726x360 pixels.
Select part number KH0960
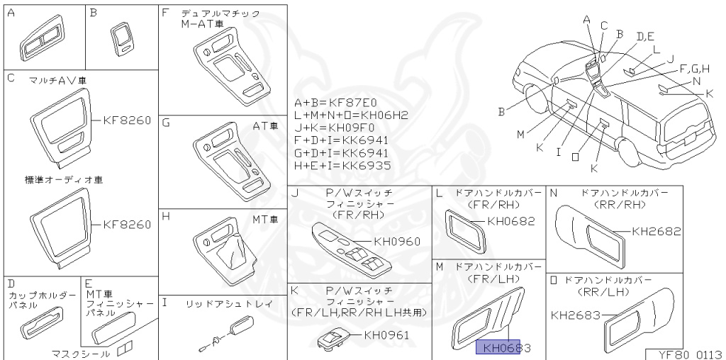point(397,242)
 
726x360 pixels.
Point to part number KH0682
point(510,220)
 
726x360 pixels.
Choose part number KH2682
point(656,231)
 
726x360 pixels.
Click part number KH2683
point(576,315)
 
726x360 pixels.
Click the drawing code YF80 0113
point(684,353)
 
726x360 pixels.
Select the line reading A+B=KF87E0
point(340,102)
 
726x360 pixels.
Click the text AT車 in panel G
point(265,125)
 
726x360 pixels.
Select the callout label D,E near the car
point(645,36)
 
